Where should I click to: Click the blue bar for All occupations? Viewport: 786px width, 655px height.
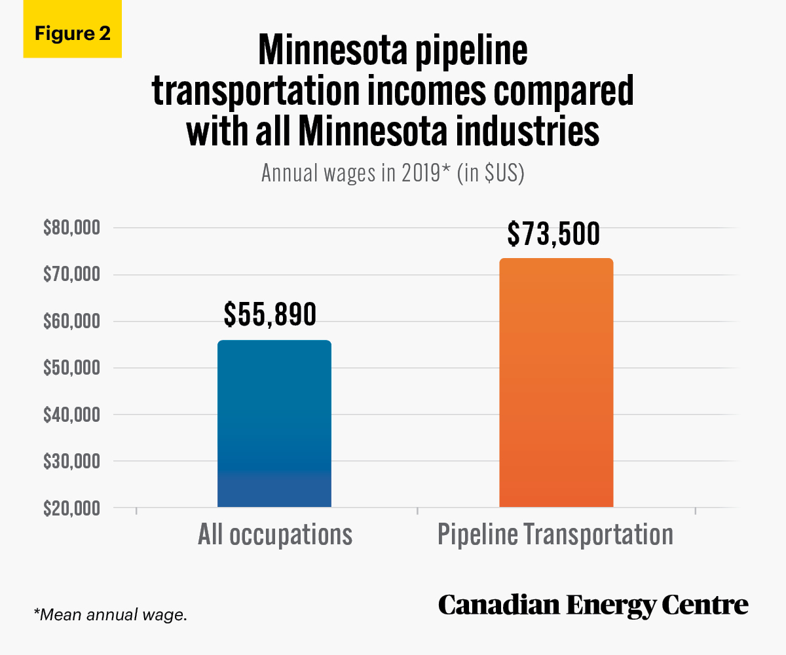(x=274, y=424)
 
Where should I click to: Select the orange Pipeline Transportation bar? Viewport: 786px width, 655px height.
(x=556, y=383)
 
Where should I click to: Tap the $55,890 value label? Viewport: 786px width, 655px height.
(x=270, y=314)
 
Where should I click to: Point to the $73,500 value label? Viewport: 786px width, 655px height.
(x=553, y=234)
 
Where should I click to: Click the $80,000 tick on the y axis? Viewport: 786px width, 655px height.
(x=71, y=228)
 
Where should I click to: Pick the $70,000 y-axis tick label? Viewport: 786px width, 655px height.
(x=71, y=274)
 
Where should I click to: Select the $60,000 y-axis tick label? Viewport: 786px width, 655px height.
(x=71, y=322)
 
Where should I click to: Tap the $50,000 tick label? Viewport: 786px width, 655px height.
(x=71, y=367)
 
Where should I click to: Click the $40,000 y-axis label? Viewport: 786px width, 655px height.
(x=71, y=415)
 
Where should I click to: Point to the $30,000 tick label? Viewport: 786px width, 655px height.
(x=71, y=462)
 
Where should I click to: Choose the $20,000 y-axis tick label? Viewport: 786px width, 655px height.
(x=71, y=508)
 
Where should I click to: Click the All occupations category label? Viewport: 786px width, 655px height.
(x=275, y=534)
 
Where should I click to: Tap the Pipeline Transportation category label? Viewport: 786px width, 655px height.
(x=555, y=534)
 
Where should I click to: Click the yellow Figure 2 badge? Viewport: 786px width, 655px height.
(x=73, y=29)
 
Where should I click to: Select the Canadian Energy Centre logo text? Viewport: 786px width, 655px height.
(x=593, y=606)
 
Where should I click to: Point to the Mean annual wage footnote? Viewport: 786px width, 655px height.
(x=110, y=615)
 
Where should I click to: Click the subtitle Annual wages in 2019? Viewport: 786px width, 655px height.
(x=392, y=173)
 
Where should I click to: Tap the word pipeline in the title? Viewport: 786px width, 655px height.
(x=471, y=52)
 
